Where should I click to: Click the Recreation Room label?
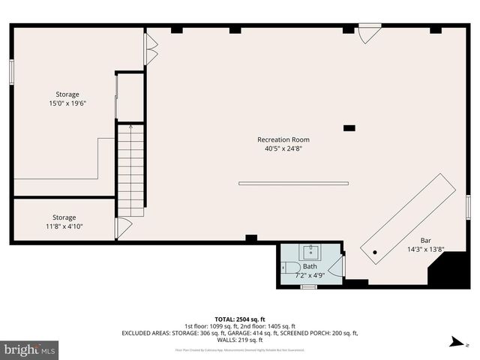point(283,139)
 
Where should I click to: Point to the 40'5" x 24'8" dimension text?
point(283,148)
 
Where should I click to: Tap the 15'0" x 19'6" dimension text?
point(67,103)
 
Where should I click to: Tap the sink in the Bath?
point(310,252)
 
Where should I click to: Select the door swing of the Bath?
point(335,265)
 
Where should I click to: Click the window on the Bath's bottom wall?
point(308,286)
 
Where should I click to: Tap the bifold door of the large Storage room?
point(151,49)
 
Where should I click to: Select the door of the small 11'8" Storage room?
point(123,228)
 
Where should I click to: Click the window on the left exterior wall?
point(11,70)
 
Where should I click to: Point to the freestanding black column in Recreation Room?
point(349,128)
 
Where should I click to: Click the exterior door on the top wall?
point(368,34)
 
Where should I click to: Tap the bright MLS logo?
point(30,349)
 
